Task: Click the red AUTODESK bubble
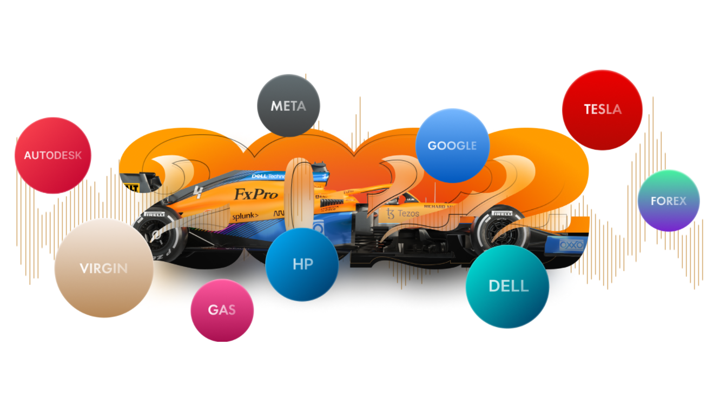tap(52, 155)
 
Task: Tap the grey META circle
tap(288, 105)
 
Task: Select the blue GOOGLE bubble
tap(452, 145)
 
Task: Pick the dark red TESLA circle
tap(602, 109)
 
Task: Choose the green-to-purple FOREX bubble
tap(669, 201)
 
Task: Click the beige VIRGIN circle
tap(103, 268)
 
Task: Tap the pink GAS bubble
tap(222, 310)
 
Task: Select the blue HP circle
tap(302, 264)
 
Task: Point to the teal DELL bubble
tap(507, 286)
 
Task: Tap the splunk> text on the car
tap(245, 216)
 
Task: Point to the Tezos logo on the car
tap(402, 214)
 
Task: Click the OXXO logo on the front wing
tap(571, 245)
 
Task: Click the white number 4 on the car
tap(199, 191)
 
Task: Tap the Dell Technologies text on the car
tap(268, 176)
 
